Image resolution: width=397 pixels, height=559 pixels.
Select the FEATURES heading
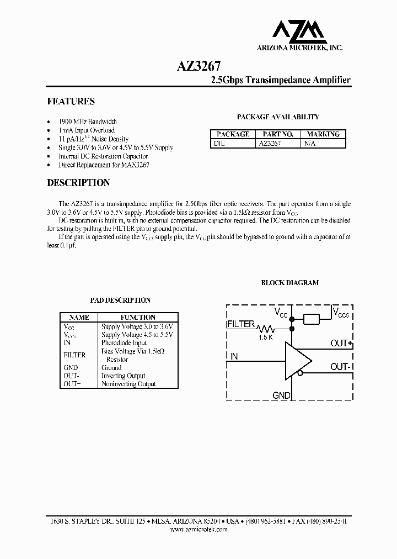coord(71,102)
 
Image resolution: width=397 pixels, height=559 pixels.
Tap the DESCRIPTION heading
coord(78,183)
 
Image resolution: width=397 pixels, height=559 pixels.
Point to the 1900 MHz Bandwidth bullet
coord(88,122)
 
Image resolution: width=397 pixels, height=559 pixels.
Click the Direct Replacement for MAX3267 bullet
coord(104,165)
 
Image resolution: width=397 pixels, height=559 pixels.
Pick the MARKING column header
coord(323,134)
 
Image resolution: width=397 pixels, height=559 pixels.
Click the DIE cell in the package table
coord(219,143)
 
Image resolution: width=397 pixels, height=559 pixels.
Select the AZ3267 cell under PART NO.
coord(270,143)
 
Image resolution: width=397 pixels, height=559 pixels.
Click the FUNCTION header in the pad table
coord(137,318)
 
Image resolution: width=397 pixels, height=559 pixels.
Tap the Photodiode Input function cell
coord(124,343)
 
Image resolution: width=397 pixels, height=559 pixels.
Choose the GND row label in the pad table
coord(71,367)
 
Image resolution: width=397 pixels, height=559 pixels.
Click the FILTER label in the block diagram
coord(241,325)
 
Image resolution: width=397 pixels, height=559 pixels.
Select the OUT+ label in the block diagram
coord(341,344)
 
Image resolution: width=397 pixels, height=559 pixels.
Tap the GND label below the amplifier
coord(281,395)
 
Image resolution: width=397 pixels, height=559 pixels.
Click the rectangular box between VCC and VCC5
coord(312,319)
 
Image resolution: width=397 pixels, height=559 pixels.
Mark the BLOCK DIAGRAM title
coord(289,282)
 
